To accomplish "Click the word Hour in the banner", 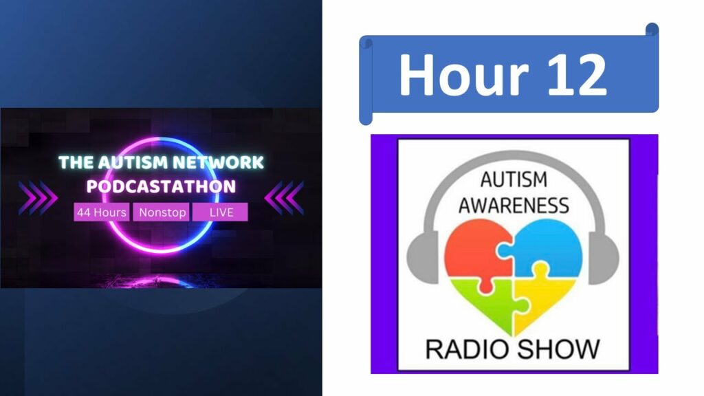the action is click(x=464, y=74).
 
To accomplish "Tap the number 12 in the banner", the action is click(x=577, y=74).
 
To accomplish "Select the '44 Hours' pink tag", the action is click(x=102, y=212).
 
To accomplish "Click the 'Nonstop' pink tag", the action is click(x=162, y=212).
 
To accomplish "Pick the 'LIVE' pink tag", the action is click(x=221, y=212).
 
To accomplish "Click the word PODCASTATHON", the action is click(x=161, y=186).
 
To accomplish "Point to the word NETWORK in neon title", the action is click(x=219, y=162).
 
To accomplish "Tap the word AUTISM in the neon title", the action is click(x=133, y=162).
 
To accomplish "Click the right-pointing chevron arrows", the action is click(x=38, y=198).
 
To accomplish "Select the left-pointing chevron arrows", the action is click(x=284, y=198).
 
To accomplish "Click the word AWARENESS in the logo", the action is click(x=514, y=205).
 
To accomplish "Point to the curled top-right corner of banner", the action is click(x=652, y=30).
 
